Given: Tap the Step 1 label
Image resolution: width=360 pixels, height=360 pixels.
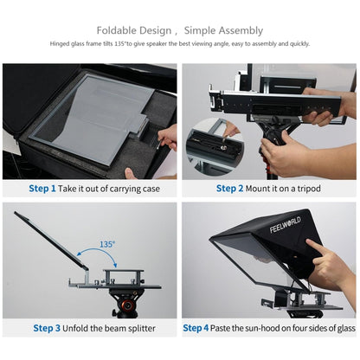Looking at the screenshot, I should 42,188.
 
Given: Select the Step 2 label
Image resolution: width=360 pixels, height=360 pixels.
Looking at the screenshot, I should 229,188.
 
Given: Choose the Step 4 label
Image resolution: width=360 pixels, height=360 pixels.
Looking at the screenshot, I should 196,328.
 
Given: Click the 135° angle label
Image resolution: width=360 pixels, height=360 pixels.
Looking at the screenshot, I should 106,245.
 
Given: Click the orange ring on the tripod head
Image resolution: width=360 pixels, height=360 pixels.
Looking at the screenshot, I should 124,304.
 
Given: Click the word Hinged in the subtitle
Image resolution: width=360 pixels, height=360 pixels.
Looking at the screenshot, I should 62,43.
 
